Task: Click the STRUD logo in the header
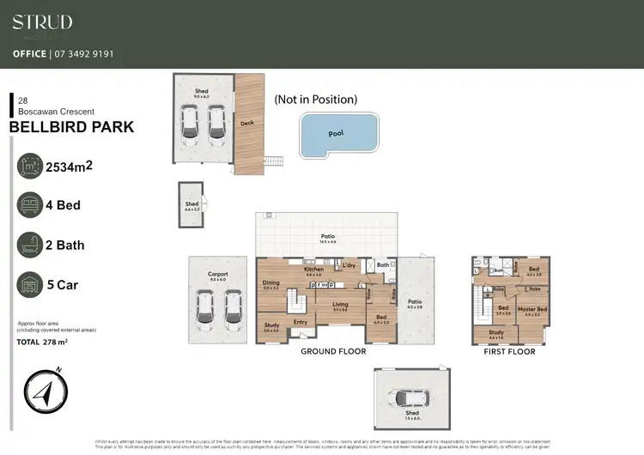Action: pos(42,22)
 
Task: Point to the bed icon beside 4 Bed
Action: pos(30,205)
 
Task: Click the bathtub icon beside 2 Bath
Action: pos(30,245)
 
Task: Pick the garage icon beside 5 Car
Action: pos(30,284)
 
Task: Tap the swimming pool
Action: pos(340,135)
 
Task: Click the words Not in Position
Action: pos(315,100)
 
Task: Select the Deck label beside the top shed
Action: pos(248,123)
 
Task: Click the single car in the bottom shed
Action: pos(410,398)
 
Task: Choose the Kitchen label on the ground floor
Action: pos(313,270)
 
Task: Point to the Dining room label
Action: pos(270,283)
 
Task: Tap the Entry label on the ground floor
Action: pos(301,322)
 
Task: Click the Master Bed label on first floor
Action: pos(532,309)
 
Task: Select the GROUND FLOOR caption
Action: pos(332,351)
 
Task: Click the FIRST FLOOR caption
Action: pos(510,351)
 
